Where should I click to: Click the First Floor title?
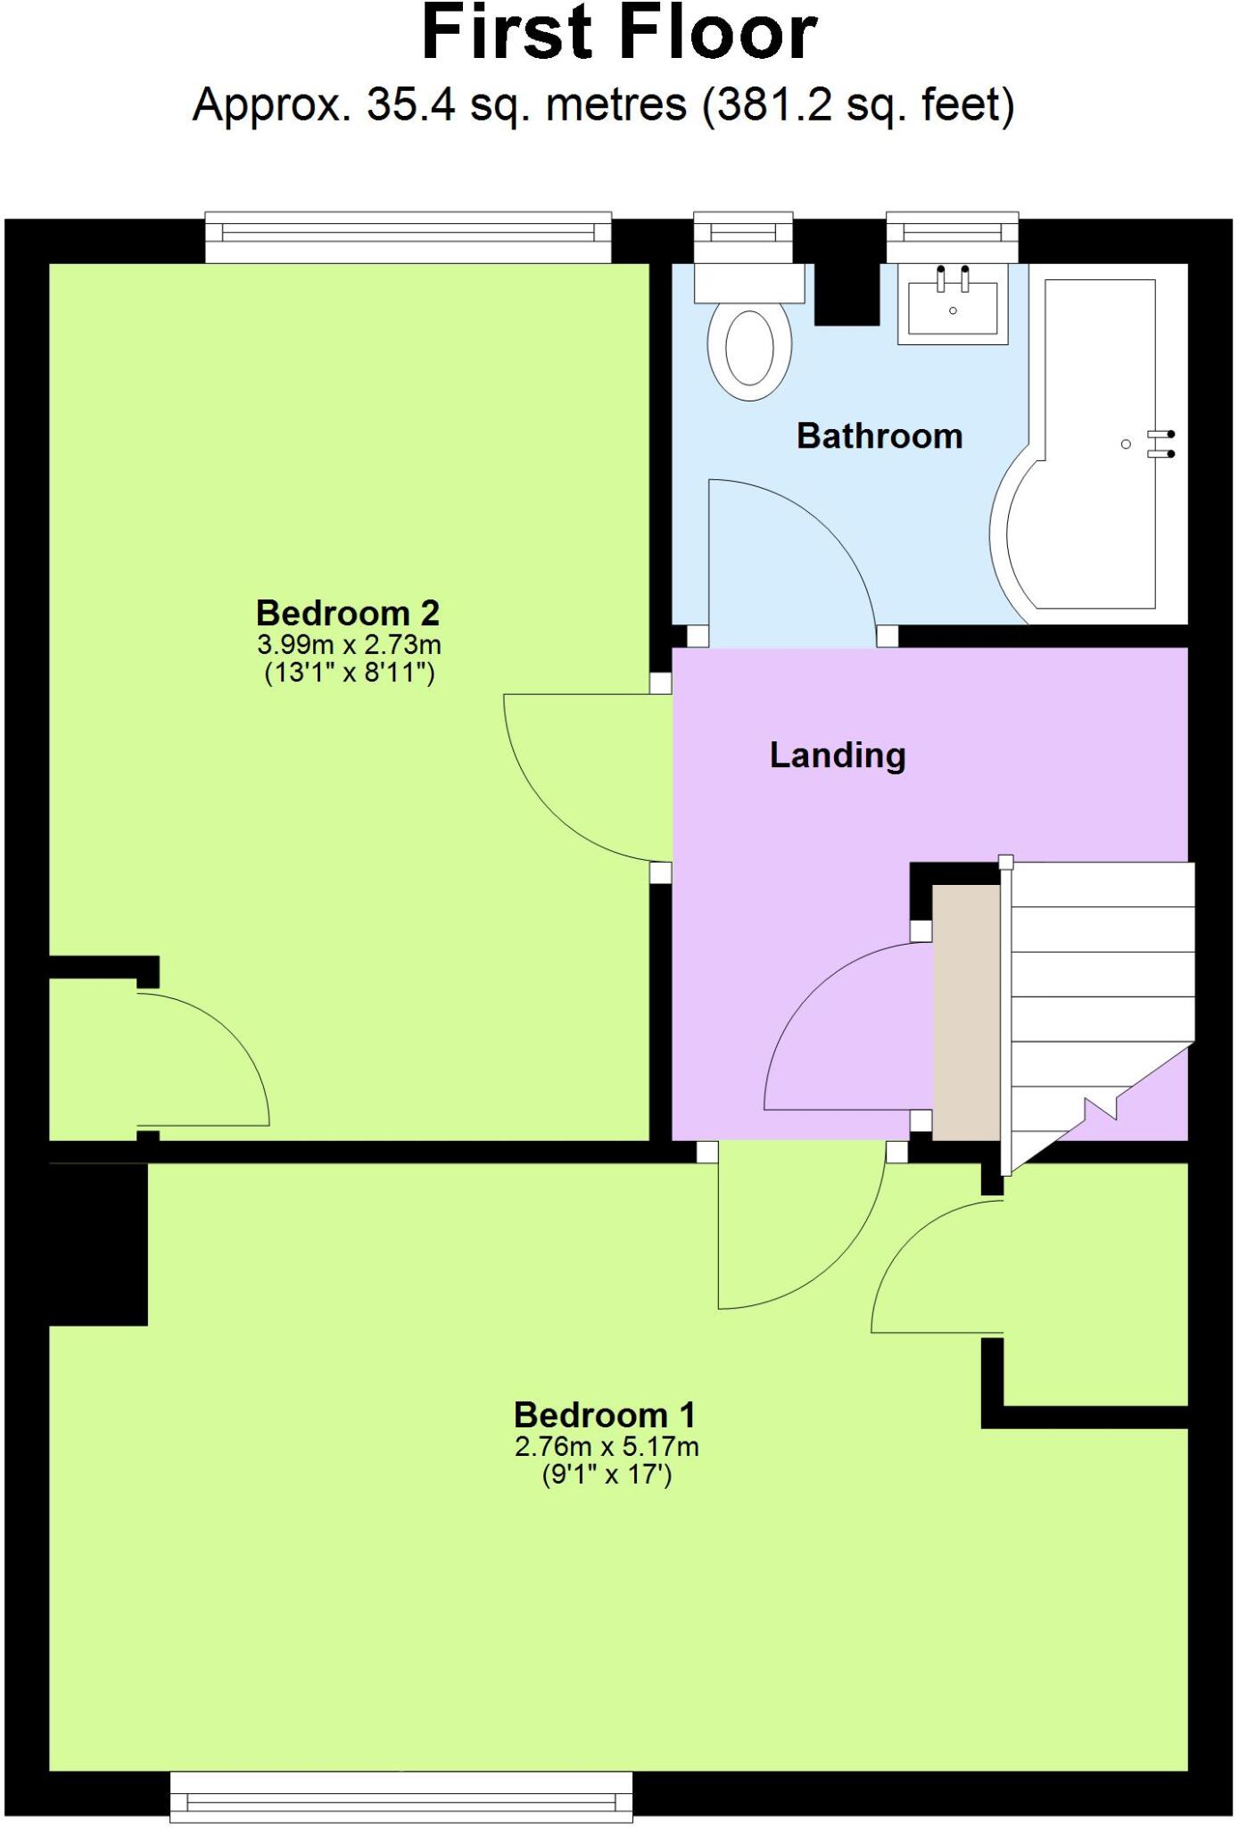point(619,34)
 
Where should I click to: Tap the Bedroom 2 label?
point(348,613)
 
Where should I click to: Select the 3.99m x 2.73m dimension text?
point(349,644)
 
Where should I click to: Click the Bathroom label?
point(879,436)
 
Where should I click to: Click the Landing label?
point(838,756)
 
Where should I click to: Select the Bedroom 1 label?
point(604,1415)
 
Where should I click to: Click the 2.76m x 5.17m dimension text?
point(607,1446)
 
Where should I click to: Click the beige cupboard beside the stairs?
point(965,1013)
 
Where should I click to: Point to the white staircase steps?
point(1102,972)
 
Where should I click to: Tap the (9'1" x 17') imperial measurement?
point(607,1475)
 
